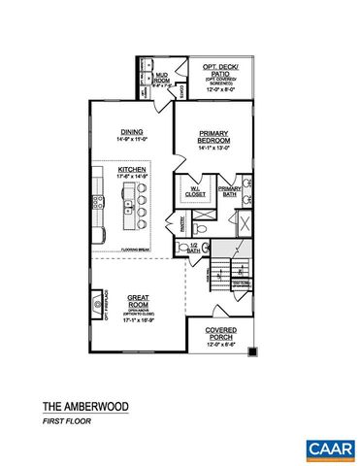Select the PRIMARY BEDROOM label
[x=213, y=136]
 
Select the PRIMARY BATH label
[x=229, y=191]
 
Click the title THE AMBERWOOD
[x=84, y=406]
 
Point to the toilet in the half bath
[x=182, y=249]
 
